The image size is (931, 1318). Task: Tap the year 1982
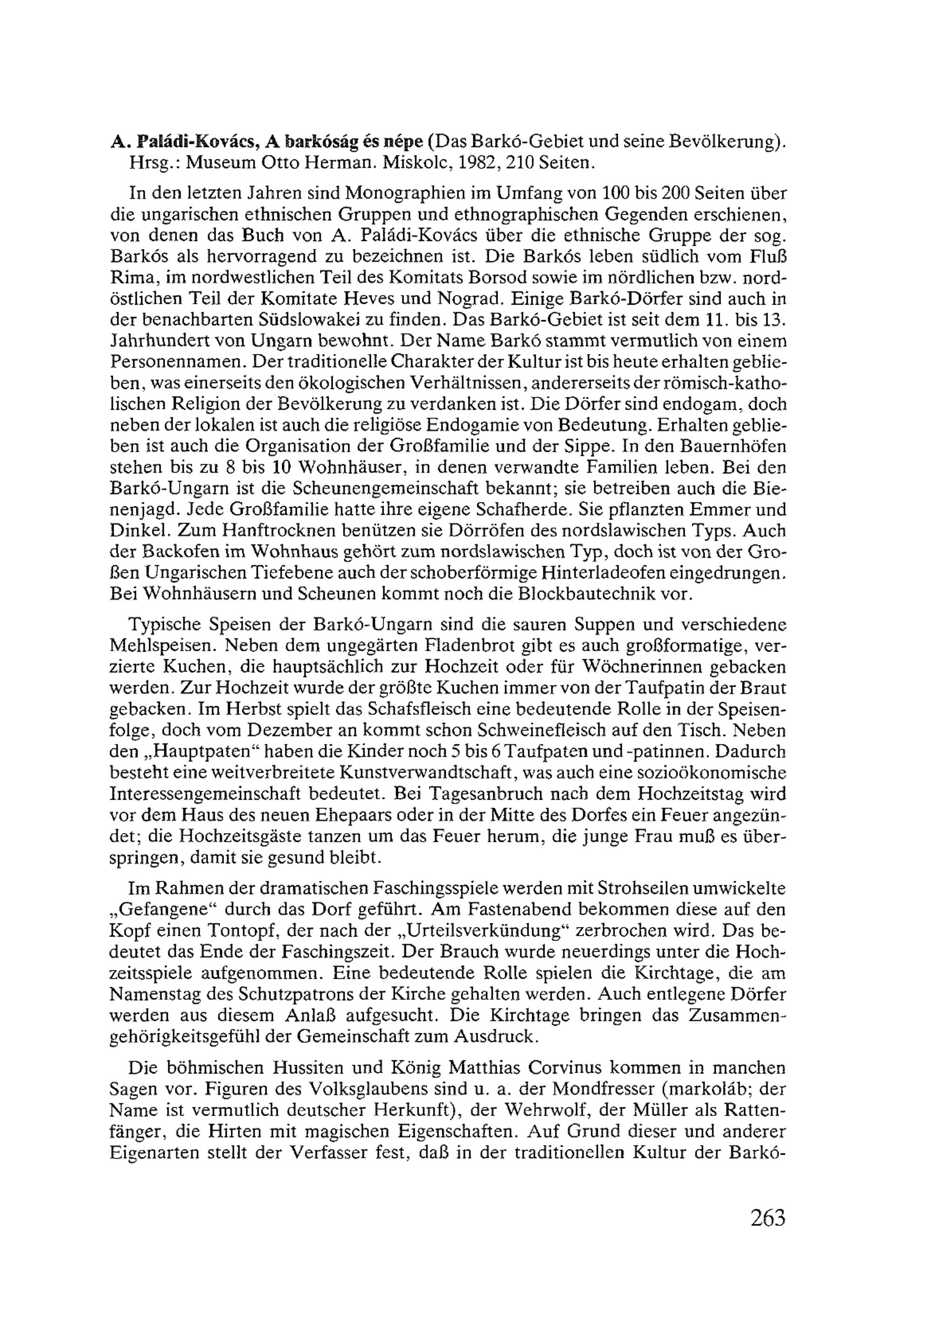coord(479,162)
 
